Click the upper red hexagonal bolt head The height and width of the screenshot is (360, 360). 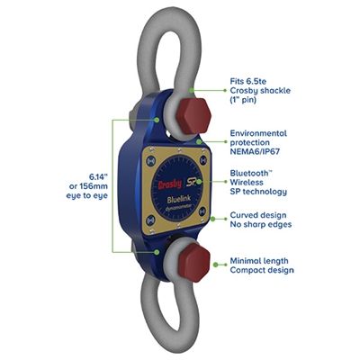coord(193,116)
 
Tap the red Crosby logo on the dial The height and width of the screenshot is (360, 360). coord(170,184)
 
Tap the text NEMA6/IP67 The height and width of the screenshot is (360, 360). coord(255,151)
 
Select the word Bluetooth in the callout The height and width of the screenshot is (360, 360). coord(248,173)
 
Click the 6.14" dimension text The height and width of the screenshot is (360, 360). coord(98,177)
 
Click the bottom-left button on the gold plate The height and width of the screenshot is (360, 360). coord(150,221)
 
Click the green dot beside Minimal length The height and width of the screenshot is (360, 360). coord(216,265)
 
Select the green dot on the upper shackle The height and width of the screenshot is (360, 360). coord(191,90)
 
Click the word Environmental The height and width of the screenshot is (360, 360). coord(258,133)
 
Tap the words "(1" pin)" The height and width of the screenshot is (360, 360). coord(243,100)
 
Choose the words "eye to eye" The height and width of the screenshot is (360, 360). coord(87,196)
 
